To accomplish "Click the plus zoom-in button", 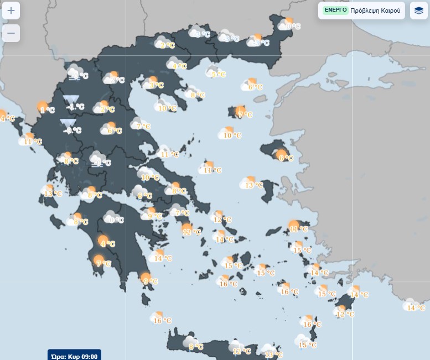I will point(11,11).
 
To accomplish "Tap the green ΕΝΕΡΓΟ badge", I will point(335,10).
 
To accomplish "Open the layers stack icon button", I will point(418,11).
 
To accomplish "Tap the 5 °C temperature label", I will point(218,74).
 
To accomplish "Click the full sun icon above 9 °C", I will point(146,277).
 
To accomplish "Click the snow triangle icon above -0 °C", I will point(68,123).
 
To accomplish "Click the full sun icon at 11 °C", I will point(294,225).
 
